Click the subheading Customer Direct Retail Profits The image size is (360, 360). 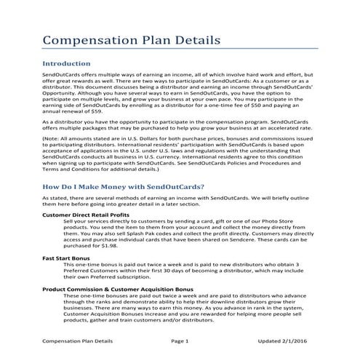(x=86, y=216)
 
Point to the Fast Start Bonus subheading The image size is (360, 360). (x=66, y=257)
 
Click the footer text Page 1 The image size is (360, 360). (x=180, y=340)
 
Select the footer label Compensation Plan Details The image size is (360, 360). (x=78, y=340)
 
